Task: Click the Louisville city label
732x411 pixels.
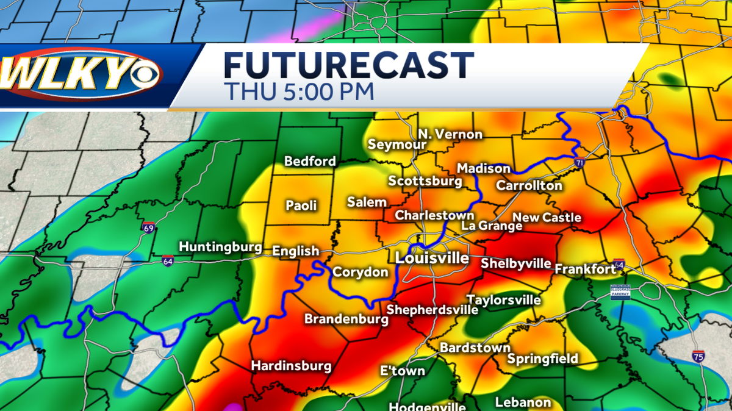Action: [x=432, y=258]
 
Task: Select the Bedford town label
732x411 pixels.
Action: [x=310, y=162]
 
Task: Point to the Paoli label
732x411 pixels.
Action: [x=301, y=205]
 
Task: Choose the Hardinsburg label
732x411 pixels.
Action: [x=292, y=366]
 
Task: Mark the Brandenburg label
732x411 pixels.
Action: [x=344, y=319]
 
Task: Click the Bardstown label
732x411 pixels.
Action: [x=475, y=348]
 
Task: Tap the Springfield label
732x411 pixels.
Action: [x=542, y=359]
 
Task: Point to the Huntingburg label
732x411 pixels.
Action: [x=220, y=247]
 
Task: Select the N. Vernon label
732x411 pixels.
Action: [x=450, y=134]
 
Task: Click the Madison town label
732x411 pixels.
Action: [x=484, y=168]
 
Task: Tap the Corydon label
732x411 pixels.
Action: [x=360, y=273]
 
